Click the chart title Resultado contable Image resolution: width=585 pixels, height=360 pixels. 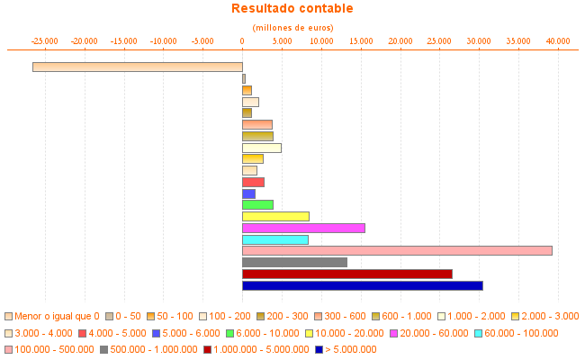pos(292,9)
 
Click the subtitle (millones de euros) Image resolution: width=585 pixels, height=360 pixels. pos(292,28)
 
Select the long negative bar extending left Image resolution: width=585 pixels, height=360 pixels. pos(137,67)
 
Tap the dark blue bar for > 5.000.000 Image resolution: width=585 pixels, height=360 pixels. pos(362,285)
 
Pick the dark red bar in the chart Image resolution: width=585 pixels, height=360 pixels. pos(346,274)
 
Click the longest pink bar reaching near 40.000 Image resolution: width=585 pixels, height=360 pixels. pos(397,250)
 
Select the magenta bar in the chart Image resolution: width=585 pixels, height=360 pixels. pos(303,228)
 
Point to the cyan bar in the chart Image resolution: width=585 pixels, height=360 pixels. pos(274,239)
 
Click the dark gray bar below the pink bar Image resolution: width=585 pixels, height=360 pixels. pos(294,262)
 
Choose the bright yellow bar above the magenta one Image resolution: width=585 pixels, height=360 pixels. pos(275,216)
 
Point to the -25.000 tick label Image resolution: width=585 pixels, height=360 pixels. pos(45,40)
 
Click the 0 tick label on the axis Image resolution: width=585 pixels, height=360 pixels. pos(242,40)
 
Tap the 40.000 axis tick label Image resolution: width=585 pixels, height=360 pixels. pos(558,40)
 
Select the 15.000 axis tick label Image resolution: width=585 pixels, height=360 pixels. pos(361,40)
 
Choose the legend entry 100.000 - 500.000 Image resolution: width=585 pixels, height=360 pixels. pos(54,349)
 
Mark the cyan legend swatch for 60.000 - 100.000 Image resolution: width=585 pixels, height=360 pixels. pos(478,333)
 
